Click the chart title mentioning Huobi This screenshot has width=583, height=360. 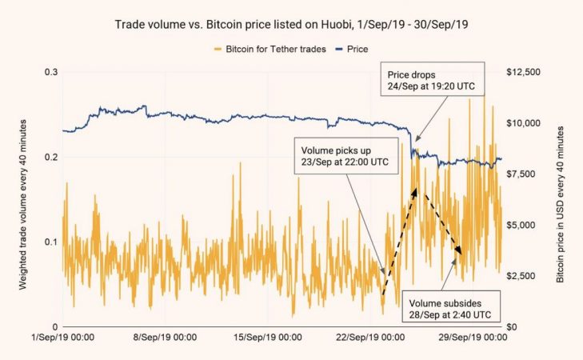[x=290, y=24]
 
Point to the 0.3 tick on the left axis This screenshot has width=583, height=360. [x=50, y=72]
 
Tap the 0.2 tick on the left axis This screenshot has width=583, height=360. [x=50, y=157]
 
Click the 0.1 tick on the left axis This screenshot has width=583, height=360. [x=50, y=242]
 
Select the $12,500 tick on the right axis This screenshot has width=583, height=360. [x=524, y=72]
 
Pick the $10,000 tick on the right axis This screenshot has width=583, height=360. [x=524, y=123]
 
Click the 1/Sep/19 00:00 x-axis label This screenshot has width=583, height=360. [x=62, y=337]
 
